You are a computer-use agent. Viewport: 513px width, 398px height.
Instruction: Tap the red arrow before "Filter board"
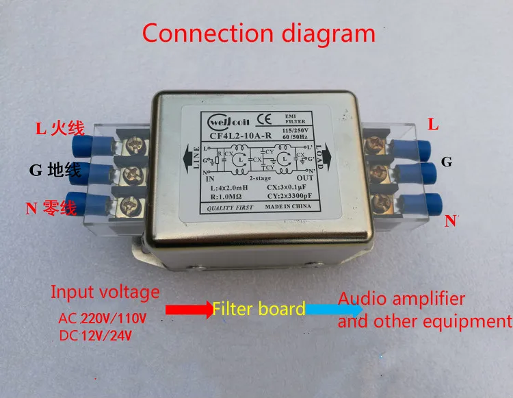tap(189, 310)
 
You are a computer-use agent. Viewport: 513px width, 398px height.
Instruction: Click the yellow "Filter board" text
tap(259, 309)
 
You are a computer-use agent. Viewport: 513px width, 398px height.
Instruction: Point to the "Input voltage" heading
tap(105, 292)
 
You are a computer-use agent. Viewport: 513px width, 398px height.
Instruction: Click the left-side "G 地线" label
tap(55, 170)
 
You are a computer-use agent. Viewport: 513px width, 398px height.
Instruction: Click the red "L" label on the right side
tap(434, 124)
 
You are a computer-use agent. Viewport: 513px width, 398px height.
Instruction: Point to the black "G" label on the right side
tap(447, 162)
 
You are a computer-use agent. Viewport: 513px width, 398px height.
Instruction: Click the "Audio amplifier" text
tap(402, 299)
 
